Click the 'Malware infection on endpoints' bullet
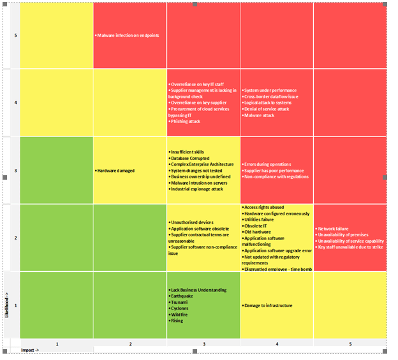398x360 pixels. [127, 35]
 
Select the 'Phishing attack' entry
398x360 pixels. [187, 121]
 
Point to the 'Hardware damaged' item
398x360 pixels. [116, 171]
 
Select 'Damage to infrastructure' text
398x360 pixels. [268, 306]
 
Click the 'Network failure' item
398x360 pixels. [333, 228]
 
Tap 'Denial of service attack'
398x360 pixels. [267, 109]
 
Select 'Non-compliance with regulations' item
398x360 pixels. [277, 177]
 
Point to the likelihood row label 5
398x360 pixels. [15, 35]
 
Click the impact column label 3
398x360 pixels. [203, 344]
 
